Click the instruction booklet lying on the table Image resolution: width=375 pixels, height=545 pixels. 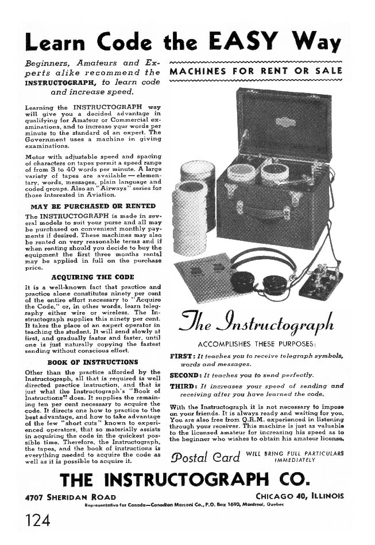pyautogui.click(x=203, y=266)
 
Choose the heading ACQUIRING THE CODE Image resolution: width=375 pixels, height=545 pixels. pyautogui.click(x=92, y=277)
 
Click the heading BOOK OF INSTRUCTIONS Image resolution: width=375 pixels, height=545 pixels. pyautogui.click(x=92, y=362)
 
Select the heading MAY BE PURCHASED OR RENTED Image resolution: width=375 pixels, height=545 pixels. pyautogui.click(x=92, y=205)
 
